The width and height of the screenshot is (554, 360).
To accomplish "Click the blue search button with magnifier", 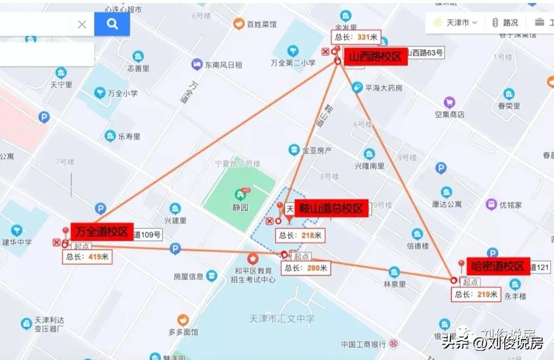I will point(112,24).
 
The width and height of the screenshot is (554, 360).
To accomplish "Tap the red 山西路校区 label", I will point(375,56).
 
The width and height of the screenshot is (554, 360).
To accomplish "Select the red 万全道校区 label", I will point(102,231).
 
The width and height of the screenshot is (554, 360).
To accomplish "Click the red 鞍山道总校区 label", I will point(331,209).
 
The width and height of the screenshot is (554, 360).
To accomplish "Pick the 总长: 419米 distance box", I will point(87,257).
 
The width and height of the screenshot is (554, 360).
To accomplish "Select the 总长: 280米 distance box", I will point(306,268).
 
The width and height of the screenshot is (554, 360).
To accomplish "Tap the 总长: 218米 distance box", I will point(301,235).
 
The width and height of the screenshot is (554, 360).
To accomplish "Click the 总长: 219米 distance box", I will point(476,294).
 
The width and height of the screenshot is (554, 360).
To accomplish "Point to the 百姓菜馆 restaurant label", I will point(262,24).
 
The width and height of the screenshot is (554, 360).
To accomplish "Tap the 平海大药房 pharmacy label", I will point(384,88).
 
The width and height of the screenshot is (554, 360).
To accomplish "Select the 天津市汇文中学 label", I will point(280,319).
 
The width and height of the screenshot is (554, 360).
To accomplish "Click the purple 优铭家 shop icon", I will point(491,205).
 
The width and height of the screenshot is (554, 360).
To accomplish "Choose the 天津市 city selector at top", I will point(456,23).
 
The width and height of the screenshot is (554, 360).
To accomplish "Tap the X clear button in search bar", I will point(82,24).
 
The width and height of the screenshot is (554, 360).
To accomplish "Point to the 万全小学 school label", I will point(123,93).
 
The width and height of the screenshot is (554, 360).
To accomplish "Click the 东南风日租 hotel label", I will point(224,65).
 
